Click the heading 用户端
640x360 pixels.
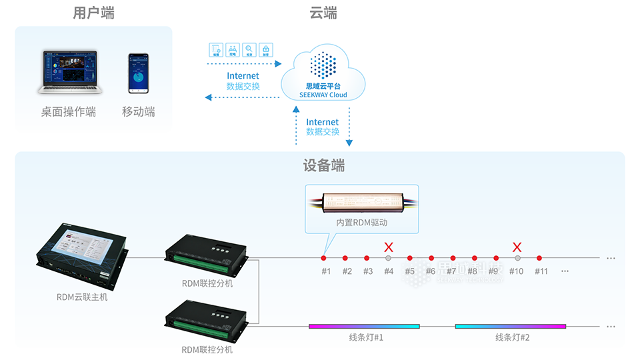tap(94, 13)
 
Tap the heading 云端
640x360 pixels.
tap(323, 13)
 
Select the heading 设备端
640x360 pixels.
tap(324, 166)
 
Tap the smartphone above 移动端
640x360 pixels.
tap(139, 74)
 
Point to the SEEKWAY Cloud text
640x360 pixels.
tap(323, 95)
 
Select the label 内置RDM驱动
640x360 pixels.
tap(361, 223)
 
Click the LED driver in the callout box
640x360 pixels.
tap(361, 201)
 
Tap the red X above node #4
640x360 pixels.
tap(389, 247)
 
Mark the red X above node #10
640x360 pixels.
tap(517, 247)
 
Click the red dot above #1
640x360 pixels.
tap(324, 258)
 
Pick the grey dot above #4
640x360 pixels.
tap(389, 258)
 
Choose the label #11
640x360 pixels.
tap(540, 271)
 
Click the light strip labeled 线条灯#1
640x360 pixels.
tap(364, 327)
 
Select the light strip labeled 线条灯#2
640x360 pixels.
tap(511, 327)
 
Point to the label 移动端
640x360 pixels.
tap(139, 112)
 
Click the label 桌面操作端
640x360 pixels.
tap(69, 112)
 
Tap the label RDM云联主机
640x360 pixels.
tap(82, 297)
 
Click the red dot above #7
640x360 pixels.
tap(453, 258)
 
